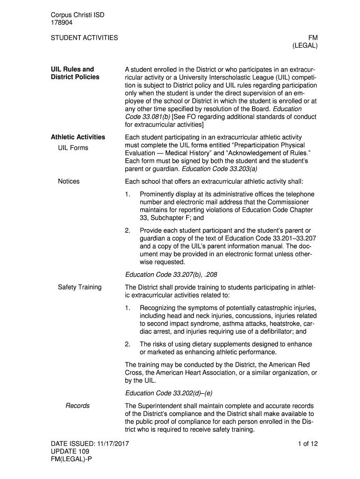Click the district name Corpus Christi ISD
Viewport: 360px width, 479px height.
click(77, 15)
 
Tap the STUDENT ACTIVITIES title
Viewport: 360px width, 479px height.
click(84, 37)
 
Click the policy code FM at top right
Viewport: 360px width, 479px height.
click(313, 37)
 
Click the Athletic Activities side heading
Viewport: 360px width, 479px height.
click(78, 137)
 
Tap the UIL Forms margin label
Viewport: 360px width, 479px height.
click(73, 148)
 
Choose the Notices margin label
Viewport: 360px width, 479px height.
click(69, 181)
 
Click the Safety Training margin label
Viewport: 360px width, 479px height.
click(79, 287)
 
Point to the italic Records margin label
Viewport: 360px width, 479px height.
click(78, 406)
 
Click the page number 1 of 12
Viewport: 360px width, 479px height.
click(307, 444)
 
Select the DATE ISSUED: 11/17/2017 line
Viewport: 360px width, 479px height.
click(90, 444)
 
